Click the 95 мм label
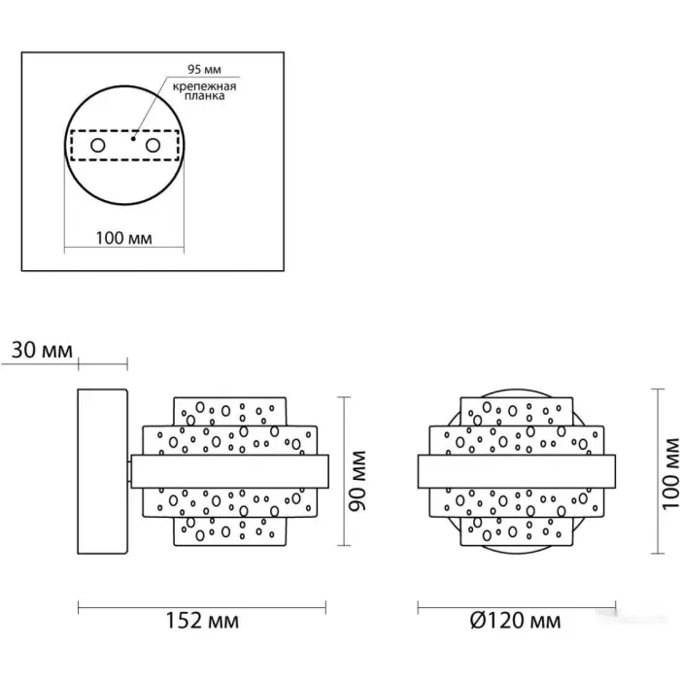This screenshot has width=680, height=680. [204, 69]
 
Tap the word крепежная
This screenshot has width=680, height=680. [204, 86]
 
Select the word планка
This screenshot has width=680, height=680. [204, 96]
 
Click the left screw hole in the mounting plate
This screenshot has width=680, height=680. [97, 146]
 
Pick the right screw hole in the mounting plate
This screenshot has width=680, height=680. [153, 146]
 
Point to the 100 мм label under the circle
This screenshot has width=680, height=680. [123, 238]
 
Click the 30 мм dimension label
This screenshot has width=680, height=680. [42, 350]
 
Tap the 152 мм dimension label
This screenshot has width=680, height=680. [202, 621]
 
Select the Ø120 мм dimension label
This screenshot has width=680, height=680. [515, 621]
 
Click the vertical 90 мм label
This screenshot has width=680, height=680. [358, 481]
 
